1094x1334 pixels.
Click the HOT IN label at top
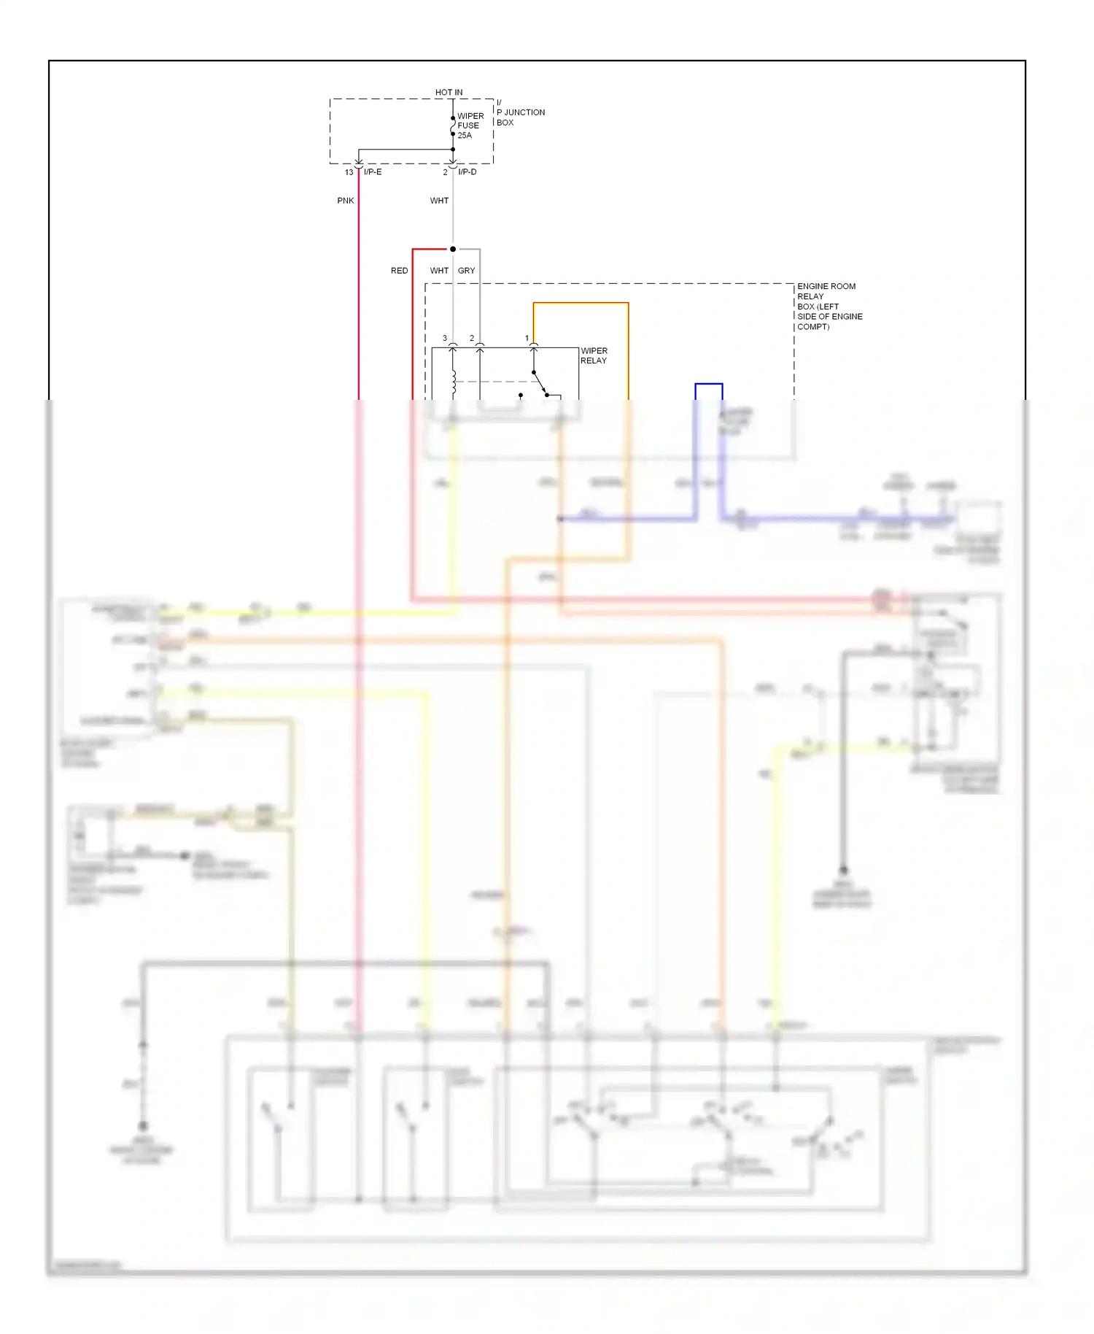point(449,93)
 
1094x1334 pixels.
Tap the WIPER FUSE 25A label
point(470,126)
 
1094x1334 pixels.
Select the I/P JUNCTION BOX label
point(520,112)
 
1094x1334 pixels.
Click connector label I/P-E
point(373,172)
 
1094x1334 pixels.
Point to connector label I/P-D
point(467,172)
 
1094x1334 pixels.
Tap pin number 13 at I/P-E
point(349,172)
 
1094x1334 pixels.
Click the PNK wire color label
point(346,201)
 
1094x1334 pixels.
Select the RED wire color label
point(399,271)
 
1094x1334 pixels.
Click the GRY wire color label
point(466,271)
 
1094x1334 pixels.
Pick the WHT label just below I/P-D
point(439,201)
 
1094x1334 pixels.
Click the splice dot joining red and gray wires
point(453,250)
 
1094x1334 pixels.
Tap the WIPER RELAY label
point(594,356)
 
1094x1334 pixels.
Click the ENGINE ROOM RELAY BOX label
point(829,306)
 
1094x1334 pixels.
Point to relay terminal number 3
point(445,339)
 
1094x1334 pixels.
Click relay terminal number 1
point(527,339)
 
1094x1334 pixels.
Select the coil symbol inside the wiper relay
point(454,382)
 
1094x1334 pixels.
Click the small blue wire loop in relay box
point(709,384)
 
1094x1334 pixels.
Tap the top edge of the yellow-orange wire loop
point(581,303)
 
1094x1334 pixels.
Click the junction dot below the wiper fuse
point(453,150)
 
